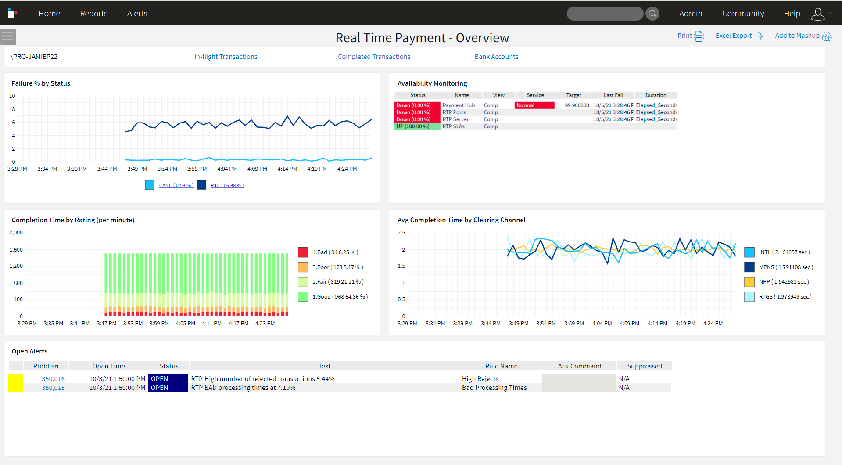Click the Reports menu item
click(x=93, y=14)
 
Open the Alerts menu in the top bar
click(x=137, y=14)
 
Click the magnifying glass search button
click(x=652, y=14)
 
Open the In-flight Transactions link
click(x=226, y=57)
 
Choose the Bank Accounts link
click(x=496, y=57)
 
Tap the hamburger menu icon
click(x=7, y=36)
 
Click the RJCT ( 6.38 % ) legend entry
click(x=227, y=185)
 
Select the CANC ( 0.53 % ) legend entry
click(x=176, y=185)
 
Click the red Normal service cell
click(x=534, y=105)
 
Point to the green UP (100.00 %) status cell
click(x=417, y=126)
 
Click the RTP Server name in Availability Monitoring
click(x=455, y=119)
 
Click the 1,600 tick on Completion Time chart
click(x=16, y=249)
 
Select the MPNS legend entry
click(x=785, y=267)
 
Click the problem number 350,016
click(x=53, y=379)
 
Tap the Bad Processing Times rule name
click(x=494, y=388)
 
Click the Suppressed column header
click(x=644, y=366)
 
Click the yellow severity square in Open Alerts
click(x=15, y=383)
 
